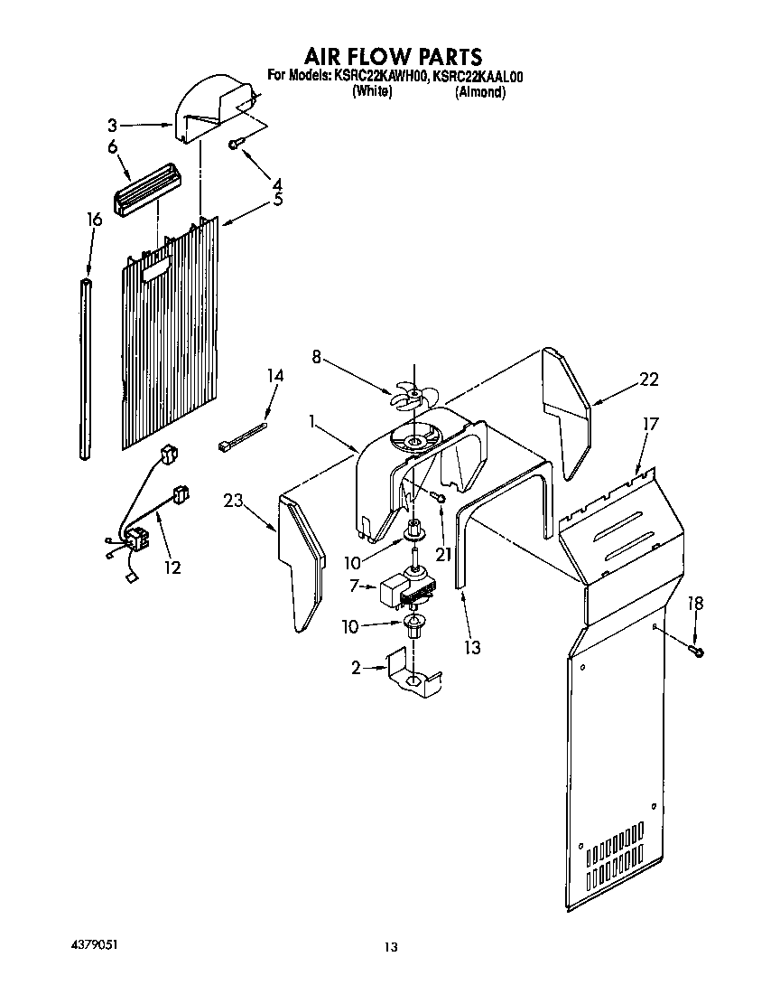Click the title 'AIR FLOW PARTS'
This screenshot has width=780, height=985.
[393, 58]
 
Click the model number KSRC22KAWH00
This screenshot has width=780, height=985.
[380, 77]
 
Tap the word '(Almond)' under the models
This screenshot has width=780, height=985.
[479, 91]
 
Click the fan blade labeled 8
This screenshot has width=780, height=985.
[412, 396]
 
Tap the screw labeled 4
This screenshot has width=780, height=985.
[237, 144]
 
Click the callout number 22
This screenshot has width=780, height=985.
[649, 380]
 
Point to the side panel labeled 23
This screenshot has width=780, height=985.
[302, 560]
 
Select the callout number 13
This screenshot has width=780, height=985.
[471, 647]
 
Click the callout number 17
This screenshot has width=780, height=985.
[651, 423]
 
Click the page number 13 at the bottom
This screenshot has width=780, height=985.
[390, 947]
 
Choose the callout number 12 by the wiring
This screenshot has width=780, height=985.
[172, 568]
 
